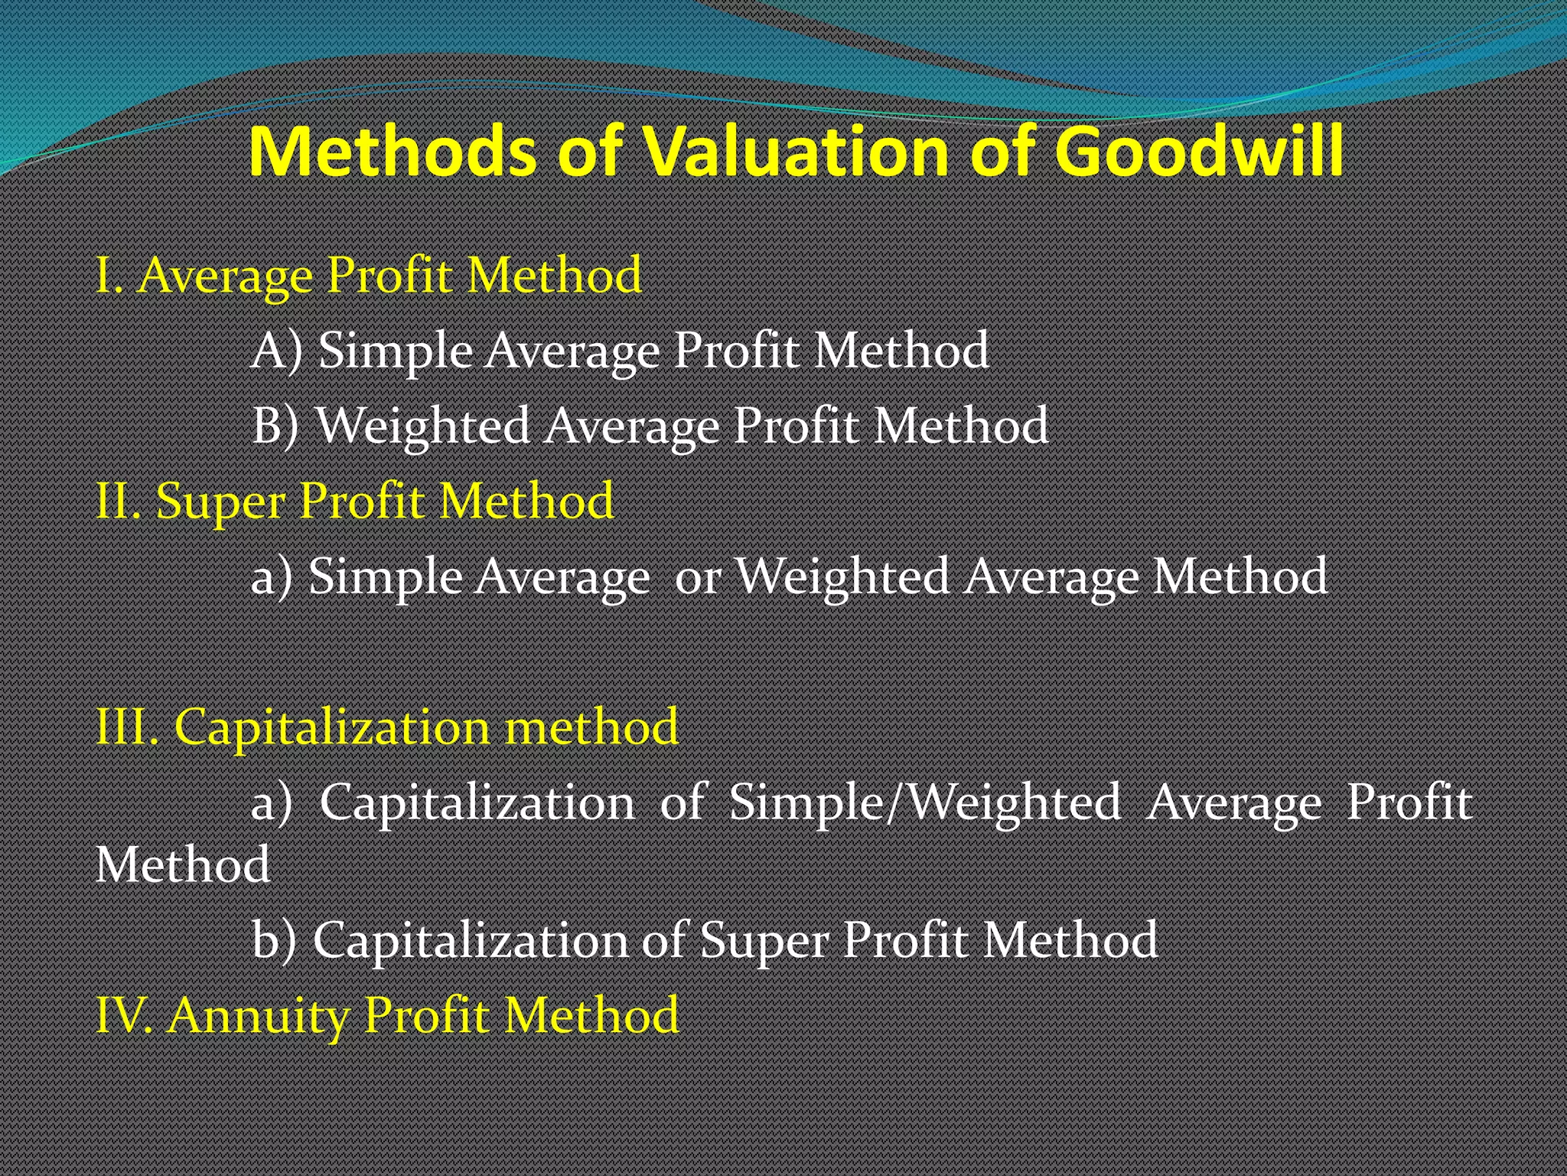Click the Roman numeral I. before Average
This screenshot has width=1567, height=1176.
pos(109,276)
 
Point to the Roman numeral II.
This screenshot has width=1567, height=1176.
pos(118,502)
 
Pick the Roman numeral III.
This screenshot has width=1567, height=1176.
pos(127,727)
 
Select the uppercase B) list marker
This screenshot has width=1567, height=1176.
pos(275,426)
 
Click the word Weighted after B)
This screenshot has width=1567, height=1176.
pos(423,426)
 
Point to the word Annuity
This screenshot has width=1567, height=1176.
pos(259,1017)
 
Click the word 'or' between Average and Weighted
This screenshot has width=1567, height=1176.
pos(697,577)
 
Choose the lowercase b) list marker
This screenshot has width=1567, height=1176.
pos(274,940)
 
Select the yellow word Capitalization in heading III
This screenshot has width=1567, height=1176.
pos(331,727)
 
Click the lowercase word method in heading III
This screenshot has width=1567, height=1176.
pos(591,727)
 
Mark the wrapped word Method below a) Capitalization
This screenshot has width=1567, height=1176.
pos(183,865)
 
